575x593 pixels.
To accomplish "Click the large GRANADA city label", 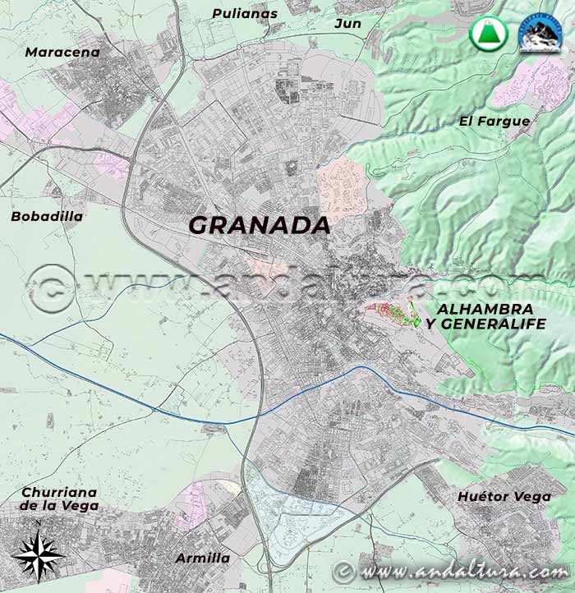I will point(260,225).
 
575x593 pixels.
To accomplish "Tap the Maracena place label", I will point(62,53).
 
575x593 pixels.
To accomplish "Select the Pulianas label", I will point(245,13).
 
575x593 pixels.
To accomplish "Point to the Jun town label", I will point(347,23).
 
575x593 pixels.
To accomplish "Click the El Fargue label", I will point(494,122).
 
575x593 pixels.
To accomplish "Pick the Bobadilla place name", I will point(47,217).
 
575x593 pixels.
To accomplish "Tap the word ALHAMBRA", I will point(485,309).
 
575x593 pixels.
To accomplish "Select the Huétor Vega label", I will point(504,496).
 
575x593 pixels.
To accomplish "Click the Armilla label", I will point(202,559).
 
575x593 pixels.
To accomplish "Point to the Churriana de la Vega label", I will point(58,499).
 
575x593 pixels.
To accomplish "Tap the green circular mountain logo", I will point(488,34).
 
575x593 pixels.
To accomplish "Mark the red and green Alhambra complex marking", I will point(395,315).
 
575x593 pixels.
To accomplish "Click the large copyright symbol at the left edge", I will point(48,287).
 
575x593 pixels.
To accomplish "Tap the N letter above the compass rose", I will point(38,522).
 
